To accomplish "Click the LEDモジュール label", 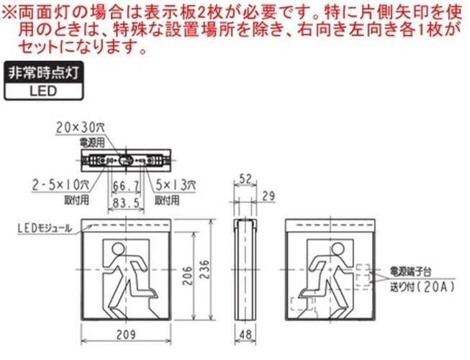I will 43,229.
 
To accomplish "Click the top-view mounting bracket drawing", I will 125,160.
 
